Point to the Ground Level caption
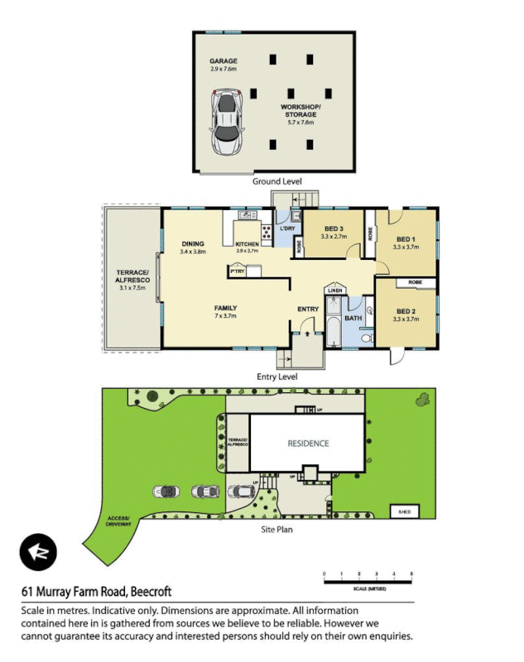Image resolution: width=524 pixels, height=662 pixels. pos(277,181)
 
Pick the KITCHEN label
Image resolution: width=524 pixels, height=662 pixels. pos(248,244)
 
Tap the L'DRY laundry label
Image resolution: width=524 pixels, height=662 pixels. pos(287,228)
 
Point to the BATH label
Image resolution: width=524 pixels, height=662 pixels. pos(353,318)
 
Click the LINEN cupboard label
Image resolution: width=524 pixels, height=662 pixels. pos(334,290)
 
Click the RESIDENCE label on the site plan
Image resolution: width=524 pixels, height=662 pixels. pos(308,443)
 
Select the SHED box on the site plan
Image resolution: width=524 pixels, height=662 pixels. pos(404,511)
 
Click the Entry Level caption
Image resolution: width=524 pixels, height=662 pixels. pos(277,377)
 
